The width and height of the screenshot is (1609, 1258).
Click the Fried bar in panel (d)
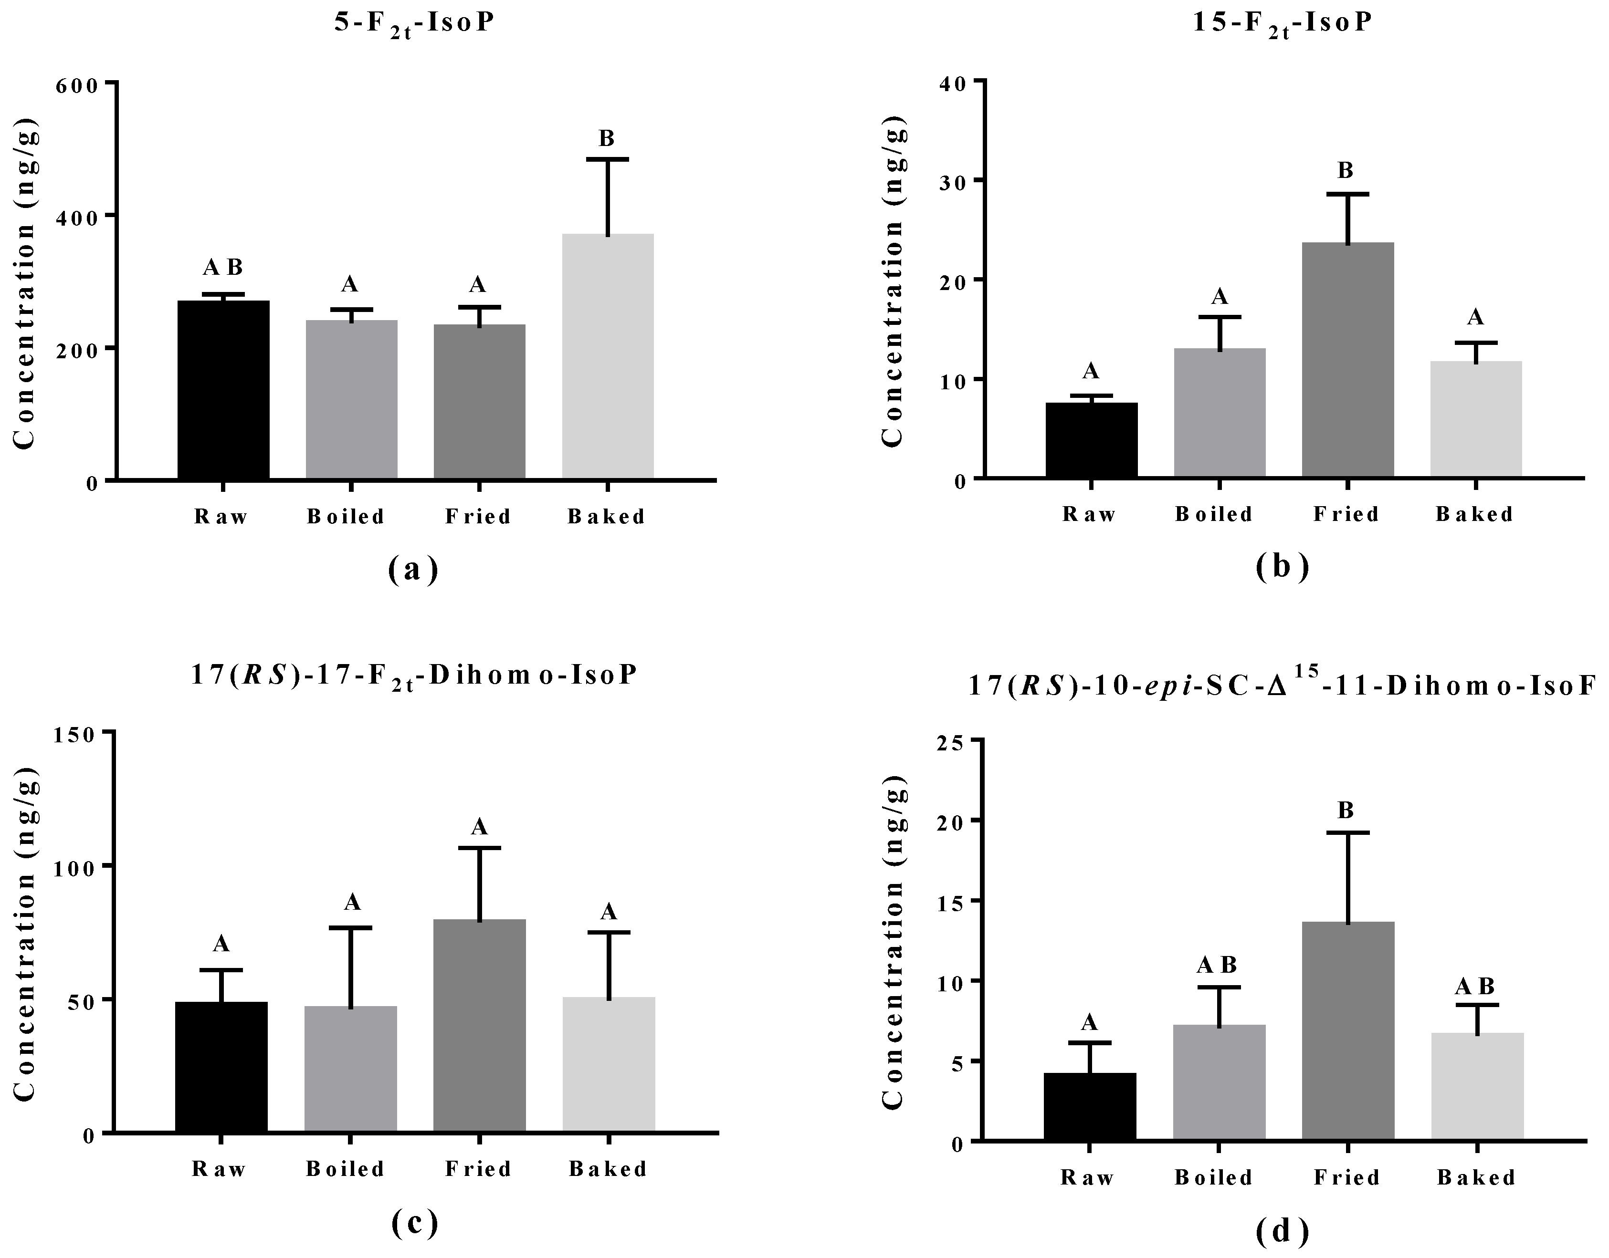[1347, 1031]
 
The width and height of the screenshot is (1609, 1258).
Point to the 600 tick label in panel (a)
[76, 85]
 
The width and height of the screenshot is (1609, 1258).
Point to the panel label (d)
[1282, 1231]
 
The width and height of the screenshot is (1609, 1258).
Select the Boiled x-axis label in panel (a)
[346, 517]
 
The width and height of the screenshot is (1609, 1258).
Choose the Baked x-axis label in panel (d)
[1476, 1178]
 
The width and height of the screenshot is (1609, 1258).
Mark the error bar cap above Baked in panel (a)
[608, 159]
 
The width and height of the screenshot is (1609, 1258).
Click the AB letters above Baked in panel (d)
[1476, 986]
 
